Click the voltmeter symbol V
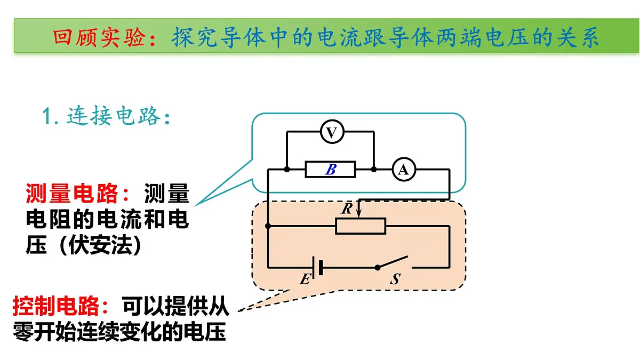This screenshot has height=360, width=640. coord(332,132)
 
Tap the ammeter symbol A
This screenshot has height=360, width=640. coord(403,170)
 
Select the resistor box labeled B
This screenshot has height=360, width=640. coord(330,170)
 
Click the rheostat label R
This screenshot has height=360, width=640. coord(347,209)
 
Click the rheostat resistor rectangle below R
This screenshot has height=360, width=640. coord(361,226)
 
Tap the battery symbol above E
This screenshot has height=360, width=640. coord(317,267)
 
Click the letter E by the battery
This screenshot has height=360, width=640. coord(305,279)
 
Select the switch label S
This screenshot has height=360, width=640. coord(395,279)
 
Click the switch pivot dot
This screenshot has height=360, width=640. coord(378,267)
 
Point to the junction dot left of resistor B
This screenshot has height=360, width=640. coord(287,170)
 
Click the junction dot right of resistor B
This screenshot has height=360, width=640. coord(374,170)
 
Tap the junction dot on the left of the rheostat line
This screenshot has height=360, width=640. coord(268,226)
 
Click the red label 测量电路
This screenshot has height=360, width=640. coord(71,194)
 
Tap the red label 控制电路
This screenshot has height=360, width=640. coord(56,306)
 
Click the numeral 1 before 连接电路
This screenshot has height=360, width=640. coord(46,116)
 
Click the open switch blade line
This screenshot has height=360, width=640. coord(393,262)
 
